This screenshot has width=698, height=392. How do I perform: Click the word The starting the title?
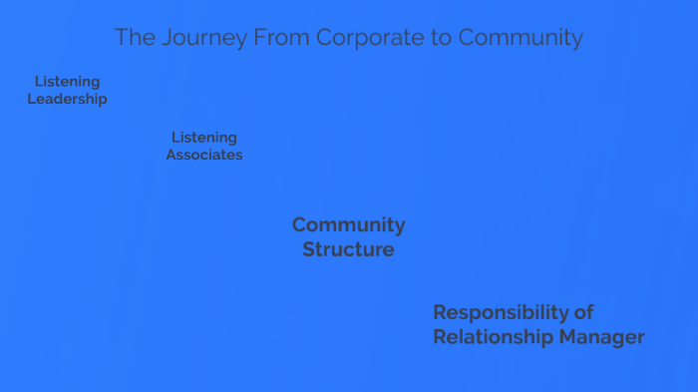[133, 38]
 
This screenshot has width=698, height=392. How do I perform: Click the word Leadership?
[67, 99]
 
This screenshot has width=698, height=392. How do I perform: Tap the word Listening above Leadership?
[67, 81]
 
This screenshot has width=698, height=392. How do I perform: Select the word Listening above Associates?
[204, 137]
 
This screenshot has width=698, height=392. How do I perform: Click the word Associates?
[204, 155]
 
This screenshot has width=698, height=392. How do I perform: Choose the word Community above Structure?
[348, 224]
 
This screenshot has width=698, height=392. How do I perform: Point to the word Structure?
[348, 249]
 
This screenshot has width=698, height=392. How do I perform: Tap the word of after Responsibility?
[584, 312]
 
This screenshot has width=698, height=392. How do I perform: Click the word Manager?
[601, 337]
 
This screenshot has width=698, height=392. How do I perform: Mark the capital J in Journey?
[158, 38]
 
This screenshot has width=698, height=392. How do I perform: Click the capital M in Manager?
[568, 337]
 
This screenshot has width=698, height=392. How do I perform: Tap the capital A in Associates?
[172, 155]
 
